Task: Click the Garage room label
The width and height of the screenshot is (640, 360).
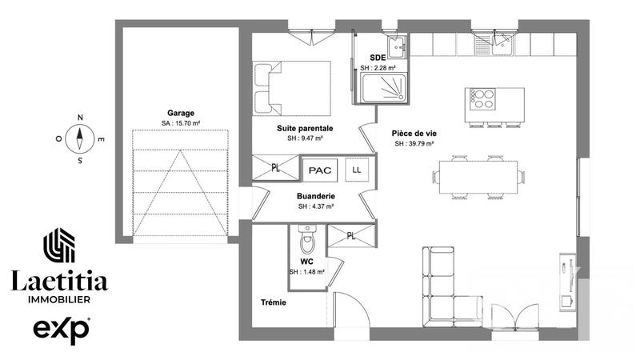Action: pyautogui.click(x=181, y=114)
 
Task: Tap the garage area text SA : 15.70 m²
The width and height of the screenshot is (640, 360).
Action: pyautogui.click(x=181, y=123)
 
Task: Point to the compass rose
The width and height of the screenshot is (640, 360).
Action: pyautogui.click(x=81, y=138)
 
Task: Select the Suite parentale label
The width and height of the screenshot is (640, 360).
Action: pyautogui.click(x=305, y=128)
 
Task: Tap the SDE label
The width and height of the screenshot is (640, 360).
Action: pyautogui.click(x=377, y=58)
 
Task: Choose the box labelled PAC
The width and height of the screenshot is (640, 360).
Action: pyautogui.click(x=320, y=171)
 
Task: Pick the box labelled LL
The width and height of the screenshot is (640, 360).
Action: pyautogui.click(x=356, y=170)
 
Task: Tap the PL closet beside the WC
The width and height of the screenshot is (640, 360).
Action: pyautogui.click(x=351, y=235)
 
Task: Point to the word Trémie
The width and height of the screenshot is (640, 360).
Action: pyautogui.click(x=273, y=303)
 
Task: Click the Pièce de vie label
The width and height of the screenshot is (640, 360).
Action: pyautogui.click(x=414, y=134)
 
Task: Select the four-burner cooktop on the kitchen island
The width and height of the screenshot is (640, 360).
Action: pyautogui.click(x=483, y=99)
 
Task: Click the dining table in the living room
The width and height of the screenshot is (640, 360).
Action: pyautogui.click(x=478, y=176)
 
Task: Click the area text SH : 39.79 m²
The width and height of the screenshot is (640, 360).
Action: pyautogui.click(x=414, y=144)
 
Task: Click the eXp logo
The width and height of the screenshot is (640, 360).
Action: pyautogui.click(x=61, y=329)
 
